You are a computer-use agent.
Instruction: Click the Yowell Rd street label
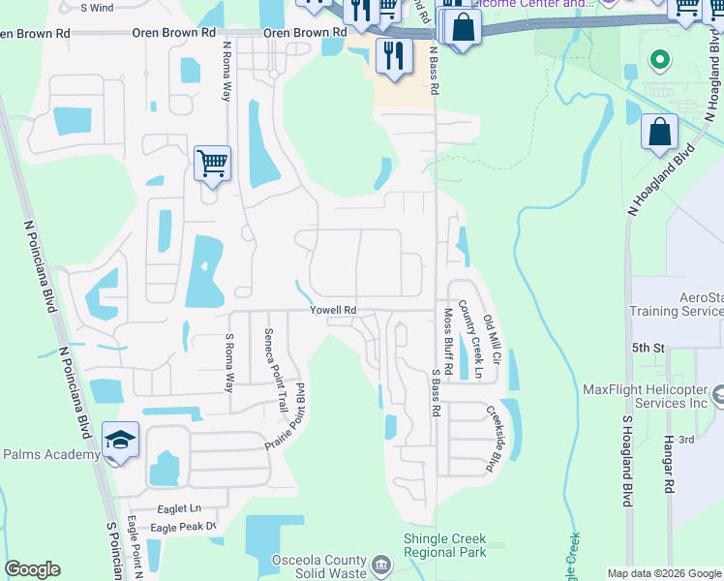(x=333, y=310)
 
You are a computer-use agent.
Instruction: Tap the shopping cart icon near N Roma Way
(x=211, y=163)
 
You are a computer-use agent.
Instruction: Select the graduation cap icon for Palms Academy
(x=121, y=441)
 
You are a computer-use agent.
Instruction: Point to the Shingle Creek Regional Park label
(x=444, y=545)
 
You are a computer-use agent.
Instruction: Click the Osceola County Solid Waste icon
(x=381, y=563)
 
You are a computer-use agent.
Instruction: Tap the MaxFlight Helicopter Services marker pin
(x=717, y=395)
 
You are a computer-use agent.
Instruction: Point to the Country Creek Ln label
(x=470, y=339)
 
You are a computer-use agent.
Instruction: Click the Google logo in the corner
(x=32, y=569)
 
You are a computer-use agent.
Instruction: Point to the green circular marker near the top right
(x=660, y=60)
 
